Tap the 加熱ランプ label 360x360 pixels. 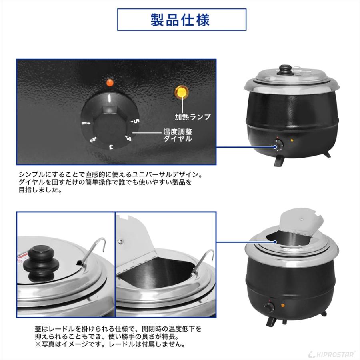click(192, 117)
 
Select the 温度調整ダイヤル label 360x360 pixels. click(177, 135)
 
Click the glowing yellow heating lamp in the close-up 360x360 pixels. click(182, 92)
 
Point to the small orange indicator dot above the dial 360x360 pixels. click(108, 83)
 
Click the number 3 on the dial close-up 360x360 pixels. click(111, 147)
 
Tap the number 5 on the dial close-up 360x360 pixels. click(136, 121)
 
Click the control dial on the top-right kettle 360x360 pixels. click(278, 144)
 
